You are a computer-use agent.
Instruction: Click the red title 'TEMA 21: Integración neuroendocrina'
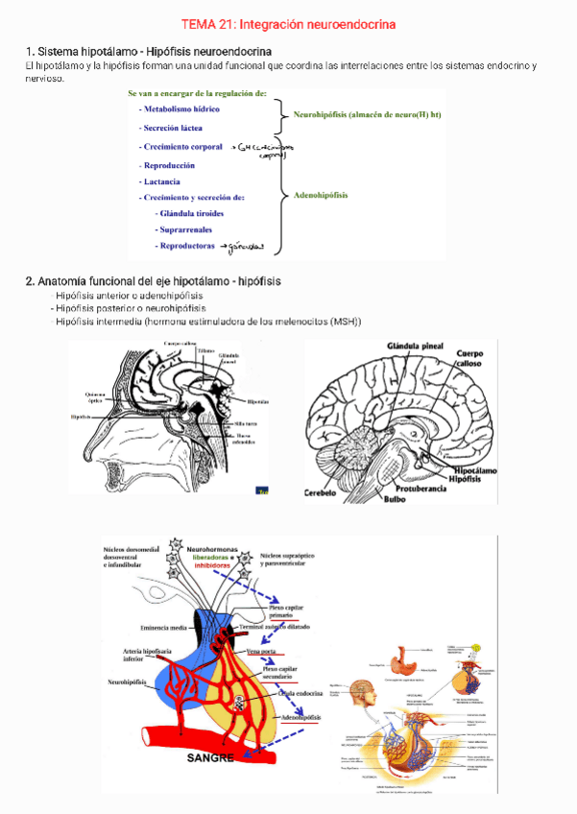[288, 23]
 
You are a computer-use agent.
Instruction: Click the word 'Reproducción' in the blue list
[175, 165]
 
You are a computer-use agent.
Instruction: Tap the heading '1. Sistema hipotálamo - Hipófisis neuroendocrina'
[148, 50]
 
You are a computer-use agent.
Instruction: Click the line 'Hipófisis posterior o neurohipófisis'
[131, 309]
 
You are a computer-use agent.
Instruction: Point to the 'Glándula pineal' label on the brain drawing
[415, 345]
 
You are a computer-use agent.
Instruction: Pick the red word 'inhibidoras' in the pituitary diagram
[212, 566]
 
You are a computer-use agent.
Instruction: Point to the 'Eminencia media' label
[162, 628]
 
